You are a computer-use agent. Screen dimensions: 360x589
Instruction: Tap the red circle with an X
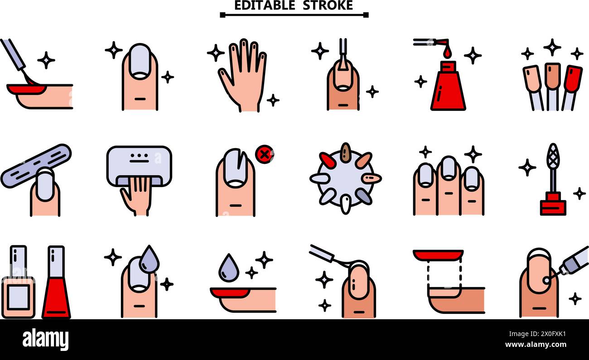click(x=264, y=154)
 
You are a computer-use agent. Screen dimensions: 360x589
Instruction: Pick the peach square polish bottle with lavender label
click(x=19, y=283)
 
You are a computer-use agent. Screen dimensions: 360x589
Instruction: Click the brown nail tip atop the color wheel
click(x=346, y=152)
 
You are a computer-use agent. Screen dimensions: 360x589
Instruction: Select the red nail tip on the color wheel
click(x=328, y=160)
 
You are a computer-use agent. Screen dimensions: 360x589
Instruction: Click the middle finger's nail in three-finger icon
click(x=448, y=168)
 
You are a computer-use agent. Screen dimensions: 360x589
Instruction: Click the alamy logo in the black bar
click(x=45, y=339)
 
